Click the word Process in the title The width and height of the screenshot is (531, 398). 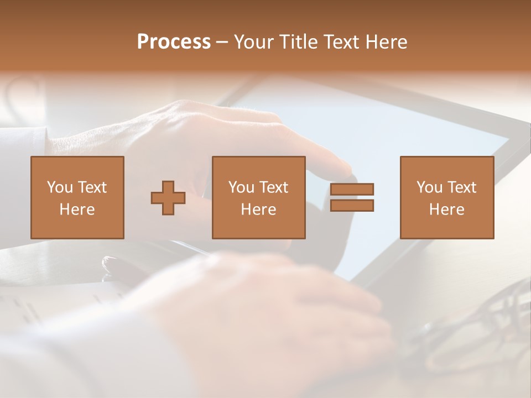[174, 42]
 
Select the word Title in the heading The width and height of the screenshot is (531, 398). [300, 42]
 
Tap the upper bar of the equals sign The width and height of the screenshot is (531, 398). [352, 189]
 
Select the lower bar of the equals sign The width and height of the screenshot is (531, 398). [352, 206]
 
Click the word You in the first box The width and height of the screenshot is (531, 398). [60, 187]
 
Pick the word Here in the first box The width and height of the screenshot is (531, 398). [77, 210]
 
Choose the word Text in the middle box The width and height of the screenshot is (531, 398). [273, 187]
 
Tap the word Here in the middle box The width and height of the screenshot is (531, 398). [258, 210]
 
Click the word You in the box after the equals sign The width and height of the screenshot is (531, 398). [429, 187]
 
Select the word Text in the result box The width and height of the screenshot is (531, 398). [461, 187]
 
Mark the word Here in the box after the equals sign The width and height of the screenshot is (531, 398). [446, 210]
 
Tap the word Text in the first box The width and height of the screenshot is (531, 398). [92, 187]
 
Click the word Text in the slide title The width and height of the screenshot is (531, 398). [340, 42]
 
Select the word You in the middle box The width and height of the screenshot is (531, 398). [241, 187]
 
